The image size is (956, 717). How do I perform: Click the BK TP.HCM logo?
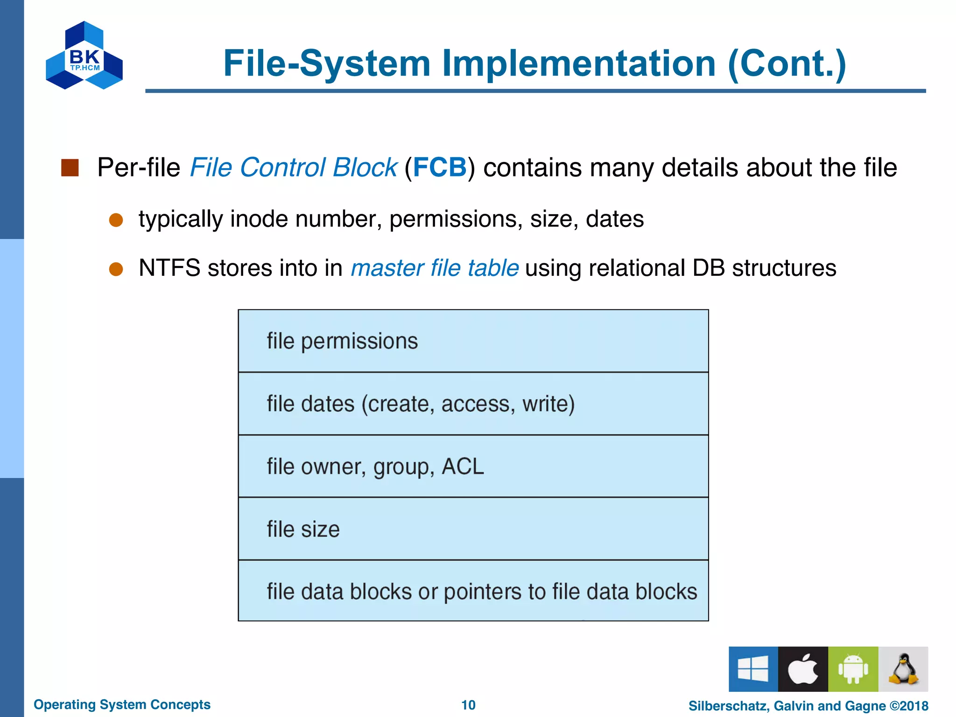pos(84,56)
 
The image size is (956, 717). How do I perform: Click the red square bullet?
pos(70,168)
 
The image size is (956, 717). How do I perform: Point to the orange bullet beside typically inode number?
pos(116,220)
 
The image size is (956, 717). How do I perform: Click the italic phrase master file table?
pos(434,268)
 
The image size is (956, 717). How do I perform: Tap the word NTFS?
pos(169,268)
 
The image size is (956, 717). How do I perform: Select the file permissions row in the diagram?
pos(473,341)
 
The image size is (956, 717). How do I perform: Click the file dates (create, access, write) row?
pos(473,404)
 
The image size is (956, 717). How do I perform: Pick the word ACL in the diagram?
pos(463,466)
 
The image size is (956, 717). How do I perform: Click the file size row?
pos(473,529)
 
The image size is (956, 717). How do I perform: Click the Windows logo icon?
pos(753,669)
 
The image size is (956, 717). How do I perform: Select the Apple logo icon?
pos(803,669)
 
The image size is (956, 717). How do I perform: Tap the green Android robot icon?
pos(853,669)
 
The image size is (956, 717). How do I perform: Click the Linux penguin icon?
pos(903,669)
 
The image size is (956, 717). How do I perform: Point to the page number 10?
pos(468,705)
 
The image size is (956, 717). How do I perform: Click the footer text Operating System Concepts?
pos(122,704)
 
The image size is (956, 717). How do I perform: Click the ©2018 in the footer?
pos(909,706)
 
